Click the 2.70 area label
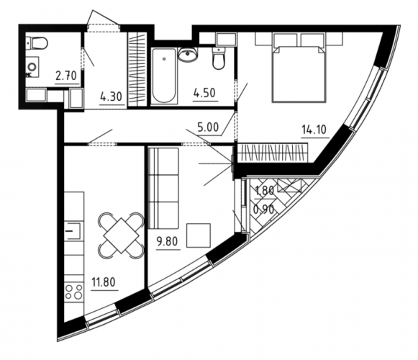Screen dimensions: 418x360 [x=66, y=76]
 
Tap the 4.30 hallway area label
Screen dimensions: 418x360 [x=112, y=96]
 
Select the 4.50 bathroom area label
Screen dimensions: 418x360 [x=204, y=93]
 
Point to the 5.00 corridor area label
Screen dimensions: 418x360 [x=208, y=127]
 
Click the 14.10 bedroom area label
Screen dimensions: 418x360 [x=314, y=130]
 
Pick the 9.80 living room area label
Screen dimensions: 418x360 [x=167, y=241]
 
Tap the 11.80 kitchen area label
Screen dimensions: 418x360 [x=104, y=282]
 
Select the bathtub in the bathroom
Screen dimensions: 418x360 [x=164, y=76]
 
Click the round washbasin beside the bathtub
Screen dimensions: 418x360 [x=188, y=55]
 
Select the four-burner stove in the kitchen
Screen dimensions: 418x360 [x=74, y=292]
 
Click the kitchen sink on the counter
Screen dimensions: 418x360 [x=74, y=231]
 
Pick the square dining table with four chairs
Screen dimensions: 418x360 [x=121, y=235]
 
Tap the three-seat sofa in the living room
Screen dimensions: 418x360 [x=163, y=189]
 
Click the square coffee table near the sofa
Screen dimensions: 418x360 [x=199, y=235]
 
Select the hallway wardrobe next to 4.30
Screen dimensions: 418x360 [x=137, y=70]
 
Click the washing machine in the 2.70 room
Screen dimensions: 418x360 [x=33, y=67]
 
